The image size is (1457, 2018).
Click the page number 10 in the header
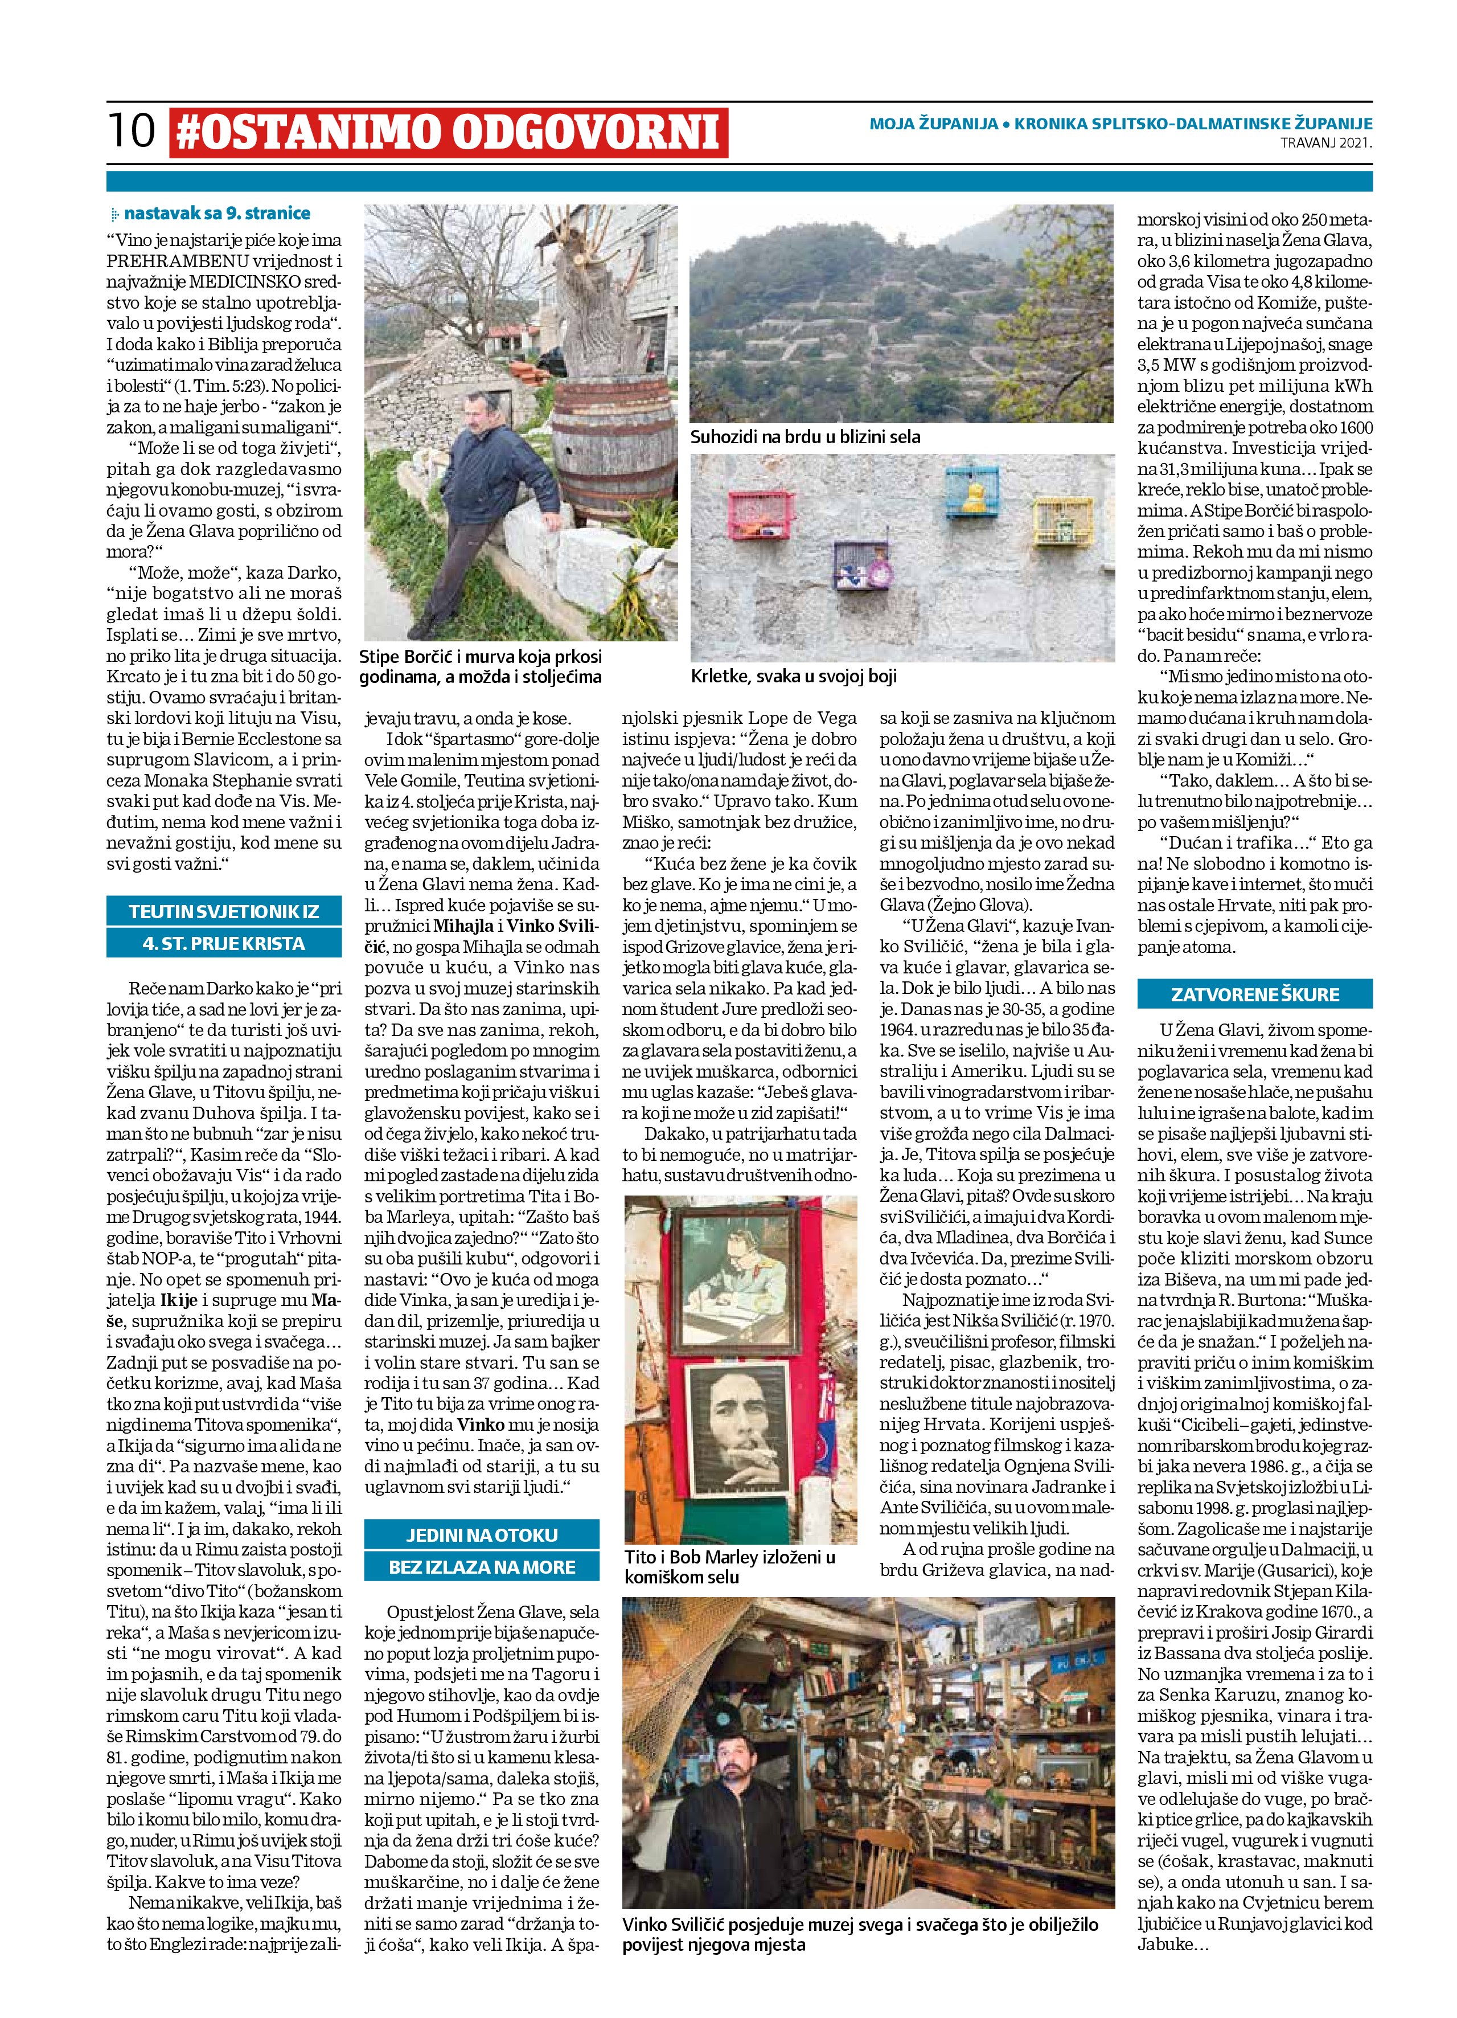coord(131,130)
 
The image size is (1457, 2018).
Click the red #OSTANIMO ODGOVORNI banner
coord(448,132)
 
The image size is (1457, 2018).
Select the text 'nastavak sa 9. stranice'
coord(216,214)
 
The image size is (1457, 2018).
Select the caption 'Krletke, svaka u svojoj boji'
coord(794,676)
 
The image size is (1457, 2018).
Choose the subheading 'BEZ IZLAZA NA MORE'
coord(481,1567)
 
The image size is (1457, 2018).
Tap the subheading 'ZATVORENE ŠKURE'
coord(1254,994)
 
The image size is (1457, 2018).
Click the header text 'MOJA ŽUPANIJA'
coord(933,124)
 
